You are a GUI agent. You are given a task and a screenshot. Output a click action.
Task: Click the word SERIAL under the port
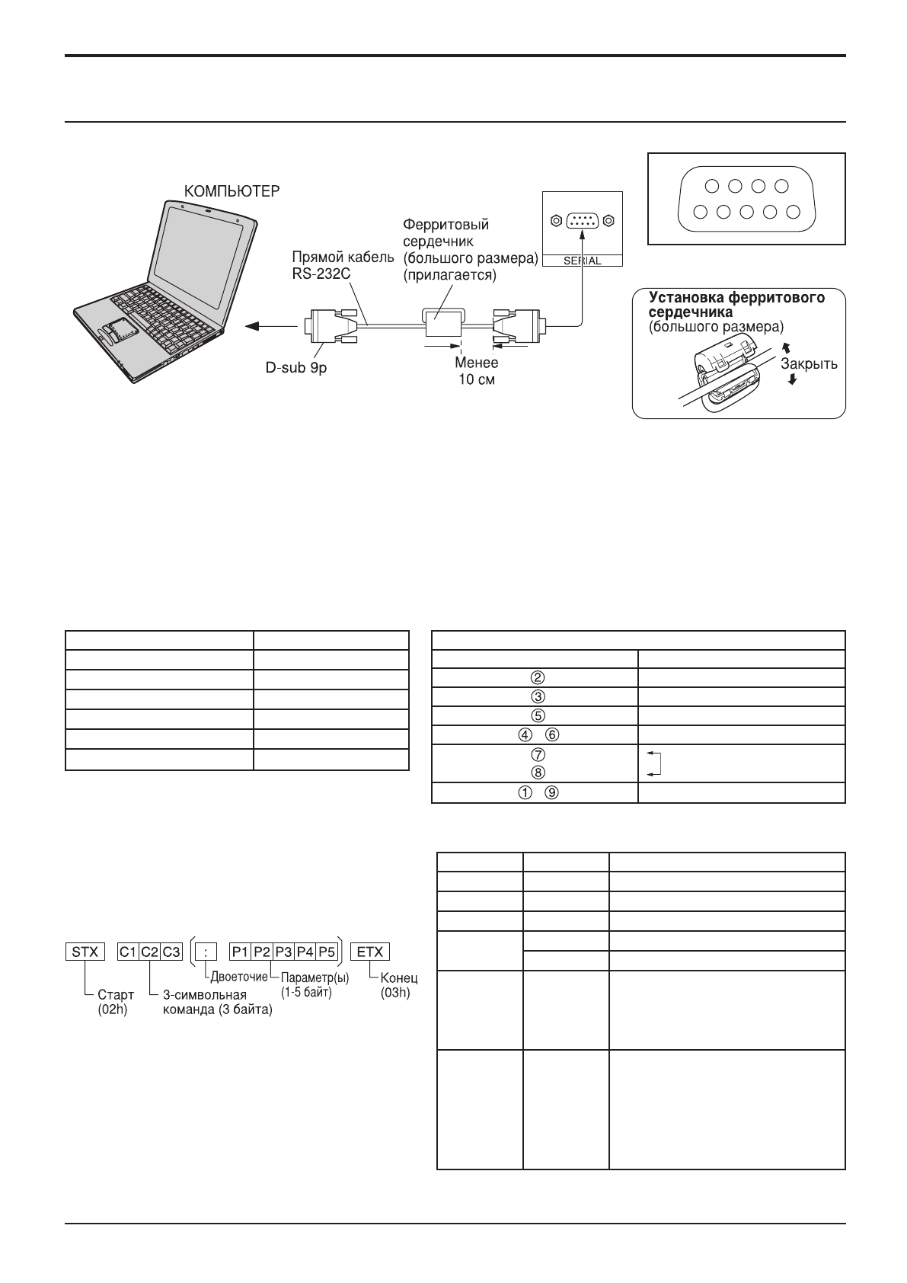[582, 261]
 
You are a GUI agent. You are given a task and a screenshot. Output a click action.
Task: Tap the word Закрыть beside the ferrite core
[809, 363]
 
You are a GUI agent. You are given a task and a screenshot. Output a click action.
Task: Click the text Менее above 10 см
[476, 363]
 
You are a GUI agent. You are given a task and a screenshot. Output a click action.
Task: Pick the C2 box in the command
[150, 952]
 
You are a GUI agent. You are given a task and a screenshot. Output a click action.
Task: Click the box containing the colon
[206, 952]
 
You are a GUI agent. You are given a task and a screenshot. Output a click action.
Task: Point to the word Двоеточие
[238, 977]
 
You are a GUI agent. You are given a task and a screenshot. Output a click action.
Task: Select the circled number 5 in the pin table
[537, 715]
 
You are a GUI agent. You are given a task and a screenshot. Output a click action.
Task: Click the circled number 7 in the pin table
[537, 754]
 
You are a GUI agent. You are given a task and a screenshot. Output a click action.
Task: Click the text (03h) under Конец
[394, 993]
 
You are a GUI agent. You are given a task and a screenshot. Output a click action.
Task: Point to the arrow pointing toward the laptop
[259, 326]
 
